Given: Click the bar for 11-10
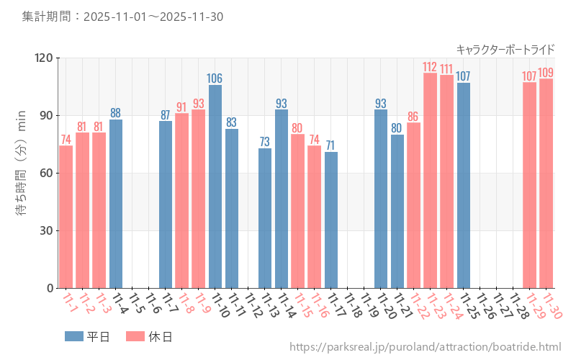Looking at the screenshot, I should click(215, 186).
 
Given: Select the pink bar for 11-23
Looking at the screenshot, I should click(430, 180).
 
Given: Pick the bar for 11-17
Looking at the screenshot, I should click(330, 220).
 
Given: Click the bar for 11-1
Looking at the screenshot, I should click(66, 217).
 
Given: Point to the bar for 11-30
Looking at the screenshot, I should click(546, 183).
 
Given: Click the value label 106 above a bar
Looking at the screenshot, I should click(215, 78).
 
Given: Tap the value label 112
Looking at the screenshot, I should click(430, 67).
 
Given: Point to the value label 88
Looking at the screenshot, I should click(115, 113).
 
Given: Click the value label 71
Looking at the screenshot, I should click(330, 145).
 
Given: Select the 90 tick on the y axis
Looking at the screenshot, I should click(45, 115).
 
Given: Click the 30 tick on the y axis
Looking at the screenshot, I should click(45, 230).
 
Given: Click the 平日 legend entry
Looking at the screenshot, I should click(87, 336).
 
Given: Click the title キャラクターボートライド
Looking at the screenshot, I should click(505, 49).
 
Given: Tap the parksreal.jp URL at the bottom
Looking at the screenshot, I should click(425, 348).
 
